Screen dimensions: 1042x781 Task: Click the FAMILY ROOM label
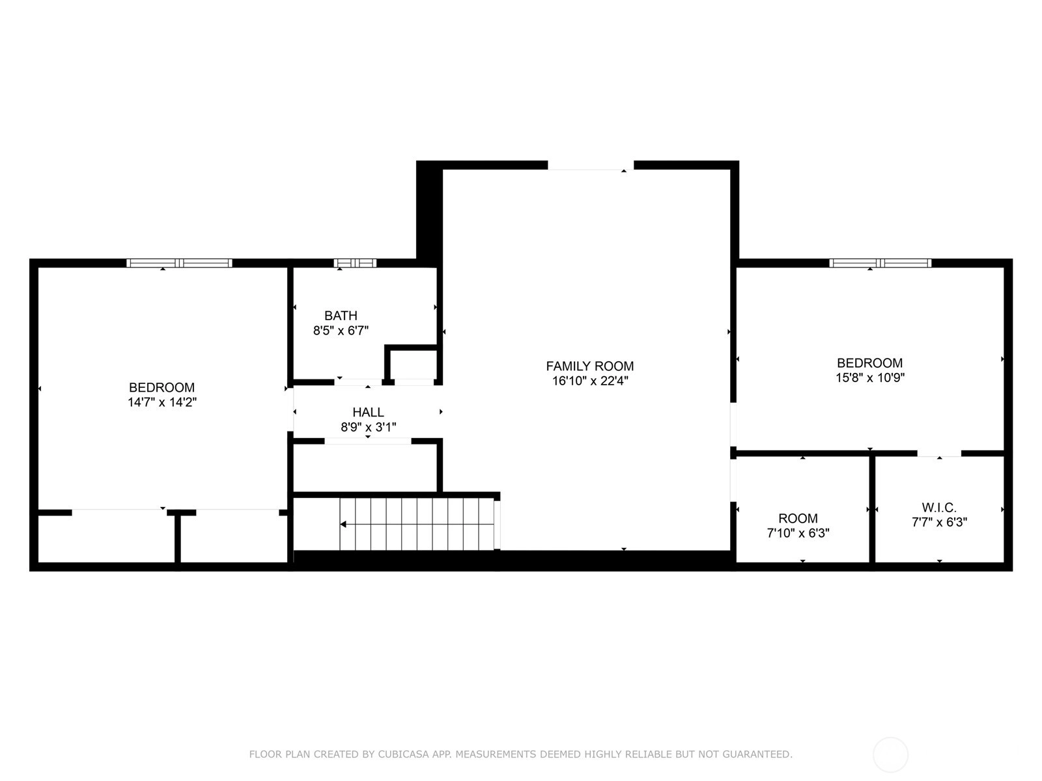click(x=589, y=366)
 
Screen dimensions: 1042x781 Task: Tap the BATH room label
click(x=341, y=316)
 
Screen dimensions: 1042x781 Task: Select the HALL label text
click(x=368, y=412)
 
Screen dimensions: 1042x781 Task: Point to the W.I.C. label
click(x=939, y=508)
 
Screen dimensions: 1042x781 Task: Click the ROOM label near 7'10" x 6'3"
click(x=798, y=518)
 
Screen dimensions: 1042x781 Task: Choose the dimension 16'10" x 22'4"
click(x=590, y=381)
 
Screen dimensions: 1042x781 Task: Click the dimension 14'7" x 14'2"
click(x=162, y=402)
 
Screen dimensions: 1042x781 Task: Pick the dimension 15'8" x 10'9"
click(x=870, y=377)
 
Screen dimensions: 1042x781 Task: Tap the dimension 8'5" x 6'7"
click(x=341, y=331)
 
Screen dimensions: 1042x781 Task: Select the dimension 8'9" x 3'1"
click(x=369, y=427)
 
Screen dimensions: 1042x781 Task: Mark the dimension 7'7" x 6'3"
click(x=940, y=522)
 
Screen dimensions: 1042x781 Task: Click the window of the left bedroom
click(x=179, y=263)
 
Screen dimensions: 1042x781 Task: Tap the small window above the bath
click(x=355, y=263)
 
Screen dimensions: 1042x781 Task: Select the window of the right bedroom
click(x=880, y=263)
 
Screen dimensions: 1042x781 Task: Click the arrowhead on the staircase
click(x=343, y=524)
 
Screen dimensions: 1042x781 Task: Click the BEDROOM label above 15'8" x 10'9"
click(x=869, y=363)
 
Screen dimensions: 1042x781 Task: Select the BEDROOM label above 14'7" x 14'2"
click(x=162, y=387)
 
